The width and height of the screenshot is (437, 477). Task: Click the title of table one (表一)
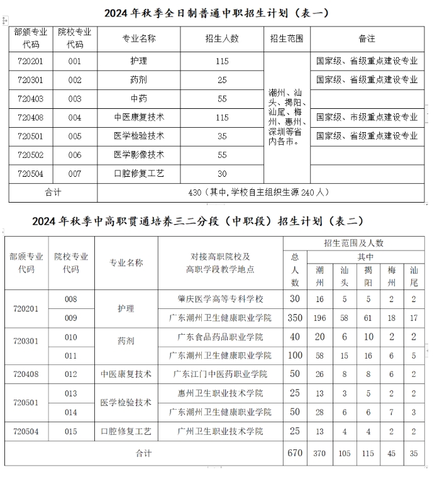coord(217,13)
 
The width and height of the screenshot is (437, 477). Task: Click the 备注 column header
coord(367,38)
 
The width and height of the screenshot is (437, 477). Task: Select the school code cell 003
coord(75,99)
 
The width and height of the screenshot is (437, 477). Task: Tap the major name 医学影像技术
coord(138,155)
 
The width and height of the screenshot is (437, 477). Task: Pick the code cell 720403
coord(31,99)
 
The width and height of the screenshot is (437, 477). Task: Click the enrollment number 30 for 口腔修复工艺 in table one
coord(222,174)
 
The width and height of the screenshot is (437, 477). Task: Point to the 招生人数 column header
coord(222,38)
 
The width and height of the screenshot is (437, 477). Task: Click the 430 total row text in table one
coord(258,192)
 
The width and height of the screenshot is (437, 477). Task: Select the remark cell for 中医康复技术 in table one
coord(367,117)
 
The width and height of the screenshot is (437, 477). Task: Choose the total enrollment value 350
coord(295,318)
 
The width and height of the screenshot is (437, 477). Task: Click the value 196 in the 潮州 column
coord(320,318)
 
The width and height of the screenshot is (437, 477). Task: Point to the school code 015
coord(71,431)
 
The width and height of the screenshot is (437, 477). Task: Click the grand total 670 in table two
coord(295,452)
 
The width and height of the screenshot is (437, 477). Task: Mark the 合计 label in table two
coord(144,453)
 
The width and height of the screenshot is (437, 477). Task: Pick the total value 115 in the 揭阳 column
coord(368,452)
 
